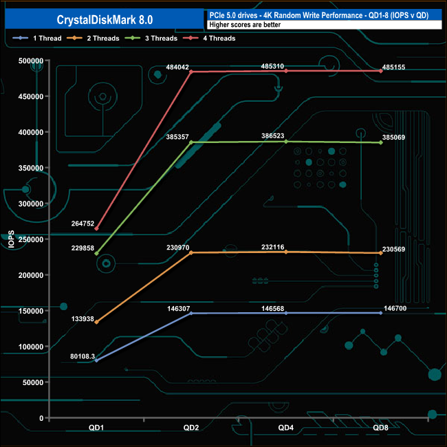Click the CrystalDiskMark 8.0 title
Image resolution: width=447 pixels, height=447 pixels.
[105, 20]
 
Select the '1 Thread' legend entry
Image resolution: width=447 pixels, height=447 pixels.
[37, 39]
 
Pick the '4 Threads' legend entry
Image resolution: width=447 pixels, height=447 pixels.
[209, 39]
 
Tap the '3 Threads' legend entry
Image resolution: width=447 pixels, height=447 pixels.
[151, 39]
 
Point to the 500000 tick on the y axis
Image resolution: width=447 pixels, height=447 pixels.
[31, 61]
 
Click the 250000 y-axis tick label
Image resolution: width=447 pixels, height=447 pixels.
[31, 239]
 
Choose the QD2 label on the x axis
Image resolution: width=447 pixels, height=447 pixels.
[191, 428]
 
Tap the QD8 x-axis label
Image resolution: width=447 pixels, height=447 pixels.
[380, 428]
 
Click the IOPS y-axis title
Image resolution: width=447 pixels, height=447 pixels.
[11, 239]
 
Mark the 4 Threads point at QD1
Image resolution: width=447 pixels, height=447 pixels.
[97, 228]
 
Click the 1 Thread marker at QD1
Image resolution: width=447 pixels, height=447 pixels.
[97, 360]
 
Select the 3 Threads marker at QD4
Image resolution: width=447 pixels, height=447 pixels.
[286, 142]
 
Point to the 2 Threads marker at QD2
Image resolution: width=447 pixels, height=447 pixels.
[191, 253]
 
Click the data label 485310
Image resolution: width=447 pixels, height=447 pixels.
[272, 66]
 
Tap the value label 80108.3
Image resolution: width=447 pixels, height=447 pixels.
[83, 356]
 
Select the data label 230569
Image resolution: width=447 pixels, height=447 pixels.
[393, 250]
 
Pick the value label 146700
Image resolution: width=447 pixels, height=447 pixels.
[395, 309]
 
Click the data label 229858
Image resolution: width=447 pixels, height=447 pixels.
[83, 248]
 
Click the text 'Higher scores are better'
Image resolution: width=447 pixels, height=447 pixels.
[245, 25]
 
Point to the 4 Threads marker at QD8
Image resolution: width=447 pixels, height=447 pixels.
[381, 71]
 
